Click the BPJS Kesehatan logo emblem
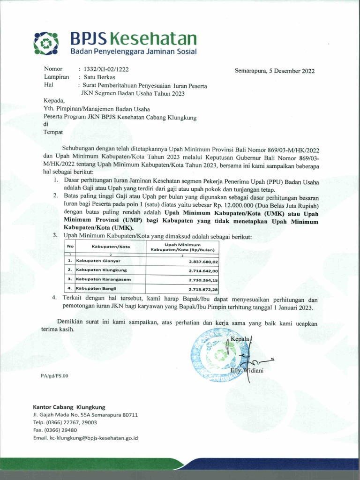tap(46, 43)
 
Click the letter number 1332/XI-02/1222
tap(106, 69)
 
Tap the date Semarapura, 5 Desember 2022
tap(275, 71)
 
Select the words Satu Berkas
tap(99, 77)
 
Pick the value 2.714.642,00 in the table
tap(203, 270)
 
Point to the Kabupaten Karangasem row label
tap(103, 279)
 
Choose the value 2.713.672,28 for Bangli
tap(203, 289)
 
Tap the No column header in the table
tap(70, 247)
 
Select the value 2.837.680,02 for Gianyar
tap(203, 262)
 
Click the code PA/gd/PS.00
tap(54, 376)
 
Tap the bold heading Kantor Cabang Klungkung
tap(69, 407)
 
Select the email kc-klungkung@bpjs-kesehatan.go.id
tap(85, 438)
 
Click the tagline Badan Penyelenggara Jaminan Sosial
tap(134, 51)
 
